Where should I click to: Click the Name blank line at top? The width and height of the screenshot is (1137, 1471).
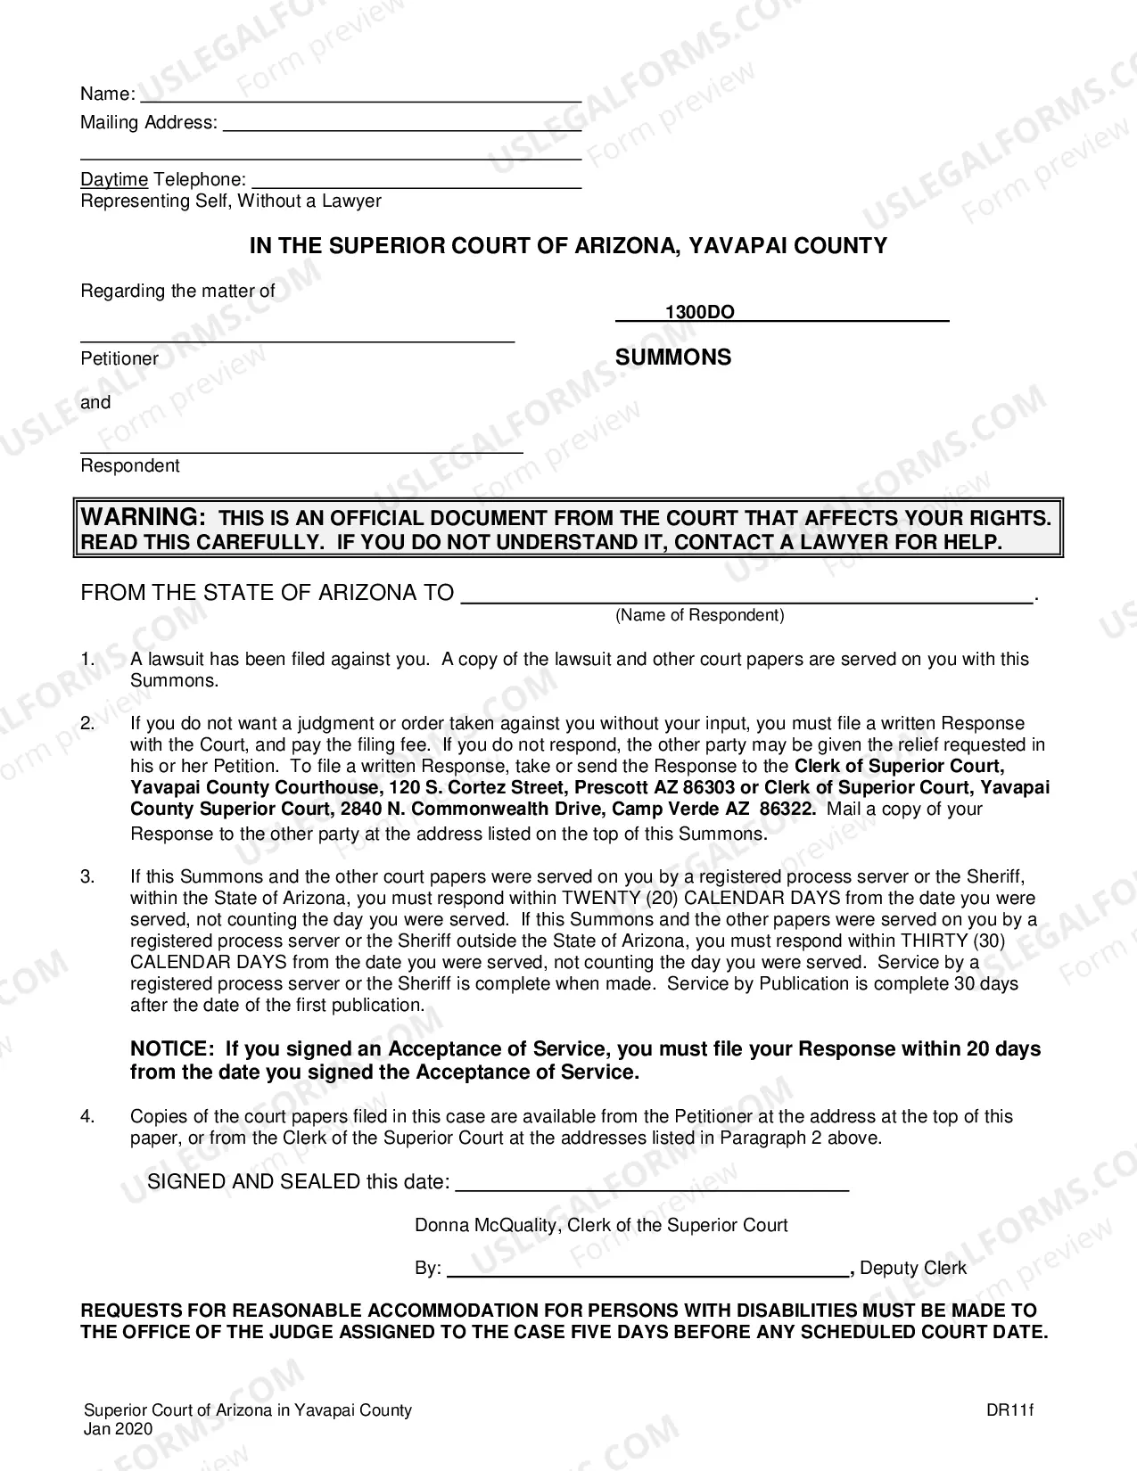pos(361,100)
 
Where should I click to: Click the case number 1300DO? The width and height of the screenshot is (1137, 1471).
pos(700,312)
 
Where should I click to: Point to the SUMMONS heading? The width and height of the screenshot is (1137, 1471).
pos(673,357)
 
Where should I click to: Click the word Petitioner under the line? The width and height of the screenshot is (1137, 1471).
pos(119,358)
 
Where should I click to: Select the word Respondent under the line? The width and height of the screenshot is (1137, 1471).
pos(130,465)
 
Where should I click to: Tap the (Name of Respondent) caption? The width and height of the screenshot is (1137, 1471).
pos(699,615)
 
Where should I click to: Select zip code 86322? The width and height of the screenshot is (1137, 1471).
pos(787,809)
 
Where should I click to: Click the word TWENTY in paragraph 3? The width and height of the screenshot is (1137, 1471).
pos(593,898)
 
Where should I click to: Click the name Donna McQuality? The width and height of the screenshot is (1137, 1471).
pos(486,1225)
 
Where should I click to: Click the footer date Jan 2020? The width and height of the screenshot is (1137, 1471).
pos(118,1428)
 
